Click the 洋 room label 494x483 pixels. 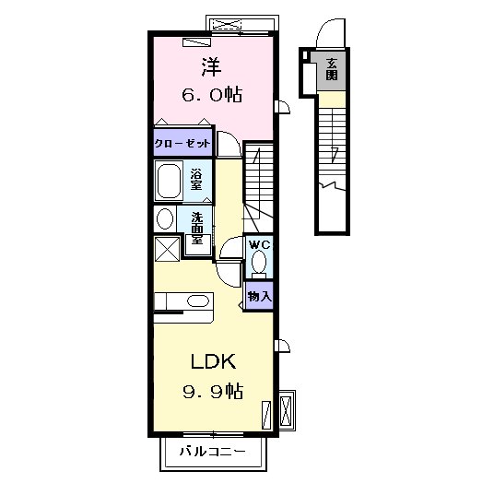[x=211, y=67]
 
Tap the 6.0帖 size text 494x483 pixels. [x=212, y=94]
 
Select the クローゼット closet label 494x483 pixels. [x=182, y=144]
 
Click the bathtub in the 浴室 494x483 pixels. [x=169, y=182]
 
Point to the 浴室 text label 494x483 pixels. [x=196, y=180]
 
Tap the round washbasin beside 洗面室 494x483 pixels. [x=165, y=219]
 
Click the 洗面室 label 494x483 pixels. [x=197, y=228]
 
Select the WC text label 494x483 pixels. [x=260, y=244]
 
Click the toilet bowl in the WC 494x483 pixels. [x=259, y=262]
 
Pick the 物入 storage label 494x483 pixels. [x=259, y=296]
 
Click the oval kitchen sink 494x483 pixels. [x=198, y=300]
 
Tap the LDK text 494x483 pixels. [x=213, y=361]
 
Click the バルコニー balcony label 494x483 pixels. [x=212, y=452]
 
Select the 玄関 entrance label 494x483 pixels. [x=332, y=69]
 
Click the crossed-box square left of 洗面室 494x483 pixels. [x=168, y=249]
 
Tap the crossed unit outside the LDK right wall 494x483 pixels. [x=287, y=410]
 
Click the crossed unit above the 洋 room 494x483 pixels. [x=227, y=24]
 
